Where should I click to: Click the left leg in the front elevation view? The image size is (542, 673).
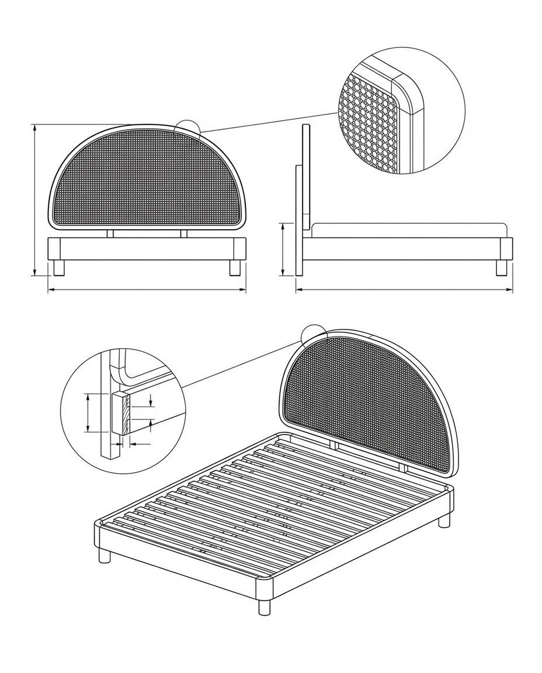58,268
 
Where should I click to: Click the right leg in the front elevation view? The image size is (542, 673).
235,268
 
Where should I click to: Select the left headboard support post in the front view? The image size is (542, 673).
110,233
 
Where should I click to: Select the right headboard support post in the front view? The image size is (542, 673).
183,233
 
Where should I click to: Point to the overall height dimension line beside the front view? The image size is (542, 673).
35,199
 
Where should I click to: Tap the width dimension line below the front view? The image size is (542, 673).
146,289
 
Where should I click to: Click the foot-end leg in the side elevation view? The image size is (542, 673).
501,268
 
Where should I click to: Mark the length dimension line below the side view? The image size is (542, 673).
403,289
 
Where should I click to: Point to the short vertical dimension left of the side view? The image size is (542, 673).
283,249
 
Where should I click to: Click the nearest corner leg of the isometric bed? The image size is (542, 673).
265,606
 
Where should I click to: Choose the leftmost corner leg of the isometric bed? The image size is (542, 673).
105,555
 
